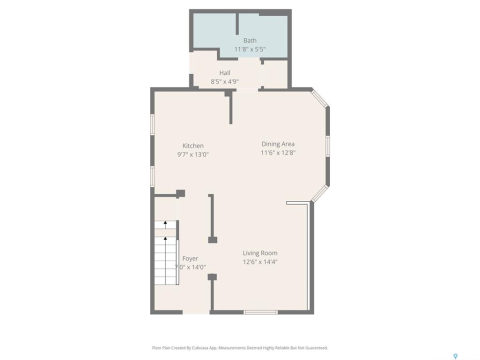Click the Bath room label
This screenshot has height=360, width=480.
[x=250, y=40]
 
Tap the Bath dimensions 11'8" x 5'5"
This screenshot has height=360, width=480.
[x=250, y=49]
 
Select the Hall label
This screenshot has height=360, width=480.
[x=224, y=73]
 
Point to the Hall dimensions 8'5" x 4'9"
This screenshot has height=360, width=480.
[x=224, y=81]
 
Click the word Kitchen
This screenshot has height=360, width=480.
[x=193, y=145]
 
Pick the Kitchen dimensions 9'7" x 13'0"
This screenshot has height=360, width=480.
[x=193, y=154]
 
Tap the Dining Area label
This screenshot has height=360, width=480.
[x=278, y=144]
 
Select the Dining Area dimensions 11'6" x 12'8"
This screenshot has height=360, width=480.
[x=278, y=153]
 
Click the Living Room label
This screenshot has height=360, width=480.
[x=260, y=253]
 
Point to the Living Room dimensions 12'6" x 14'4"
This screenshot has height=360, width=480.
[x=260, y=262]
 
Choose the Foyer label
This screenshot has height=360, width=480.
[x=190, y=258]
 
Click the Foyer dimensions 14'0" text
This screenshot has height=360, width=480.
[x=190, y=267]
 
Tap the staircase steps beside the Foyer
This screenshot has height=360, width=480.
[x=165, y=253]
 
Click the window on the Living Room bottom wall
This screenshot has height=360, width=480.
[x=260, y=312]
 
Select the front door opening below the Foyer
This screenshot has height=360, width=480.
[x=196, y=312]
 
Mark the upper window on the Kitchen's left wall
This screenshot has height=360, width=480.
[x=152, y=124]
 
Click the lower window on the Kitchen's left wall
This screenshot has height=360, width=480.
[x=152, y=176]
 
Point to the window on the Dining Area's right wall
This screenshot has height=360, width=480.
[x=327, y=146]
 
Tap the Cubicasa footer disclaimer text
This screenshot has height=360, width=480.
[x=240, y=348]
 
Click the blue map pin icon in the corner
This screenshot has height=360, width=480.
[x=455, y=356]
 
